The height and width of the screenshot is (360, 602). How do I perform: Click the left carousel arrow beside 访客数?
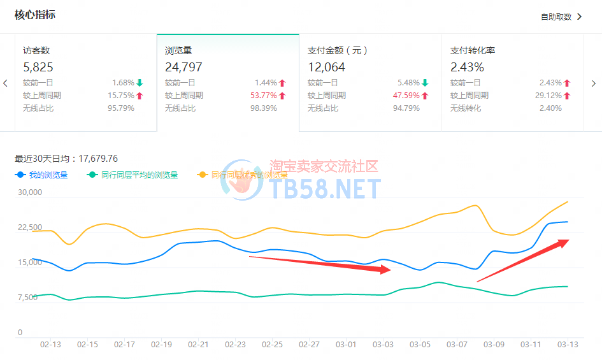[5, 83]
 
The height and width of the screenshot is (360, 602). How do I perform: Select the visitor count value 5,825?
[38, 67]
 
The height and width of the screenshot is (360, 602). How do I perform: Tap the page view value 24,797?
[183, 67]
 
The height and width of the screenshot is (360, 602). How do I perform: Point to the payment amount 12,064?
[326, 67]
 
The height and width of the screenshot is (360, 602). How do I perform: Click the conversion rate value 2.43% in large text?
[467, 67]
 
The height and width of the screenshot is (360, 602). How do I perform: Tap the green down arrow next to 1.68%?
[140, 83]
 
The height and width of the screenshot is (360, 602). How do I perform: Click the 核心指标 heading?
[35, 14]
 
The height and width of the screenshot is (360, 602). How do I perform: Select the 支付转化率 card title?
[473, 50]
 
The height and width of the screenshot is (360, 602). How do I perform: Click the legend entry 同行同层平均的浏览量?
[140, 175]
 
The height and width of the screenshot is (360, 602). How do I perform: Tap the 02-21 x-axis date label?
[198, 345]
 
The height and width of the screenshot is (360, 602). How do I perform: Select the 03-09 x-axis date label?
[494, 345]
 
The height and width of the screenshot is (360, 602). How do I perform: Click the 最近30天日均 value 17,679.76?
[97, 159]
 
